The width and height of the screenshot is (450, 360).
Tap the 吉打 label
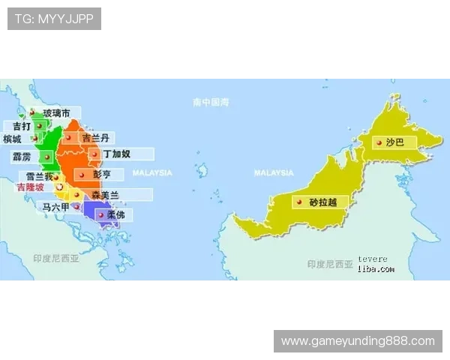click(x=22, y=126)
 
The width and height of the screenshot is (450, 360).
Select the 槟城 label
click(x=13, y=139)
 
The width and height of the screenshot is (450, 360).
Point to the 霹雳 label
click(x=22, y=157)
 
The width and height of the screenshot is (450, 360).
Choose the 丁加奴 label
click(x=116, y=154)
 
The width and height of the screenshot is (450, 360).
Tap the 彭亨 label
click(x=102, y=174)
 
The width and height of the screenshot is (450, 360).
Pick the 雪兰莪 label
click(x=38, y=176)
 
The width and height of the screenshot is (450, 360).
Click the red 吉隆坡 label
click(x=30, y=187)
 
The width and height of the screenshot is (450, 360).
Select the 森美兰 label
click(x=104, y=194)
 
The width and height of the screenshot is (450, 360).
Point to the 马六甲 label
click(x=55, y=206)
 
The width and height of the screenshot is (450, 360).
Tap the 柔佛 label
click(x=116, y=214)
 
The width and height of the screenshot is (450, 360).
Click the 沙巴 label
click(x=394, y=142)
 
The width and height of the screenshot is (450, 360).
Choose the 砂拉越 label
click(x=323, y=202)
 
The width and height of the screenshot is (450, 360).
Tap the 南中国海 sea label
click(x=210, y=101)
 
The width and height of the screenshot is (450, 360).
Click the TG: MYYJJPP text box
click(x=54, y=19)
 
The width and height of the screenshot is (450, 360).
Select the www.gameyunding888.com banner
click(x=357, y=341)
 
